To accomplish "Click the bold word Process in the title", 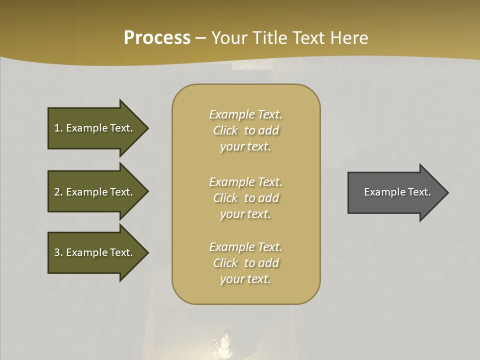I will [x=157, y=38].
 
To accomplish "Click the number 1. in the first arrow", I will [x=58, y=128].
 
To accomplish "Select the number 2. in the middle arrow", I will [x=58, y=192].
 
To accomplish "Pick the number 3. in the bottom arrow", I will [x=58, y=252].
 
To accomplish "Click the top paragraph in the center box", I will [x=245, y=130].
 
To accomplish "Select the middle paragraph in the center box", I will [x=245, y=198].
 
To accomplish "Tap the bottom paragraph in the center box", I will [x=245, y=263].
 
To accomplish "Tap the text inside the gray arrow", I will [x=397, y=192].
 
